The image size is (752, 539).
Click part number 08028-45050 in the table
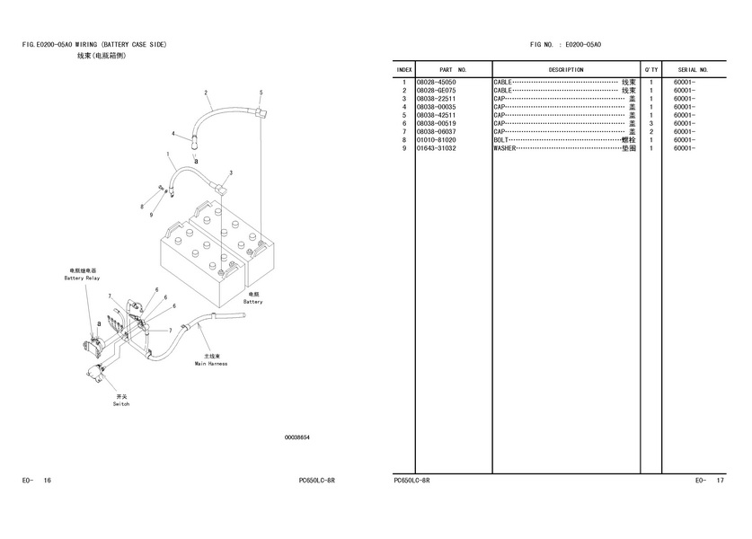coord(436,83)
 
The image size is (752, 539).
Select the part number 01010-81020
coord(436,140)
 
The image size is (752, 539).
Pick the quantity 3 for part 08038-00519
coord(650,123)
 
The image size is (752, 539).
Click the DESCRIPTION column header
coord(566,70)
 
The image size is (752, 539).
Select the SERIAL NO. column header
coord(693,70)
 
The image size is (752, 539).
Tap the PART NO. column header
coord(453,70)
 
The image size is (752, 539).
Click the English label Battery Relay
coord(82,278)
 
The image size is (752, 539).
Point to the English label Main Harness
coord(211,364)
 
